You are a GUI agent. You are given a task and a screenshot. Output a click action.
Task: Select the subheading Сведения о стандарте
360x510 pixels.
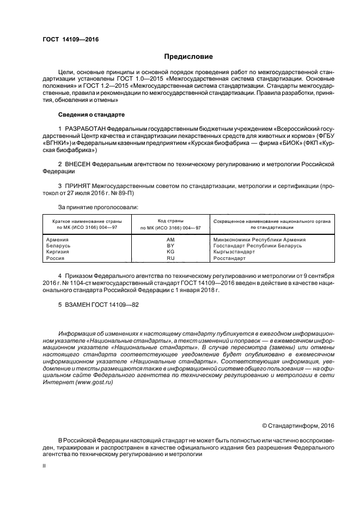(91, 115)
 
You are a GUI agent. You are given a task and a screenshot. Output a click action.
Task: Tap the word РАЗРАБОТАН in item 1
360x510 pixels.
(85, 127)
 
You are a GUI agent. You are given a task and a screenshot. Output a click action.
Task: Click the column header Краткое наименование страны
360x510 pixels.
(87, 222)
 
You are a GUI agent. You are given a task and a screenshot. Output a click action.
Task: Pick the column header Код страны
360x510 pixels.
(170, 222)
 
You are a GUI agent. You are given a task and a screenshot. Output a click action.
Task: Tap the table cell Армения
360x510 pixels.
(57, 239)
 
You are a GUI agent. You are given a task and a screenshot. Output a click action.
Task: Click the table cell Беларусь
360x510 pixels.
(58, 246)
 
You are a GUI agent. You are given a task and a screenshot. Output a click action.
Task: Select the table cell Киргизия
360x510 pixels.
(58, 252)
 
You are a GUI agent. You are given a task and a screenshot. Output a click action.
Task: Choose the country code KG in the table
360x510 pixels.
(170, 252)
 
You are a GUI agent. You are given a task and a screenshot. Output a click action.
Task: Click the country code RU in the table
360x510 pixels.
(170, 259)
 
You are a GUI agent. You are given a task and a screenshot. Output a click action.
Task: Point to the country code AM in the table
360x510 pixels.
(170, 239)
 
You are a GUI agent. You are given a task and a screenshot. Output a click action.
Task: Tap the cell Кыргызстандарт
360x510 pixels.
(234, 252)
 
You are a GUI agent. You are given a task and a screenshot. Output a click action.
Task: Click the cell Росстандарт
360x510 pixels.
(229, 259)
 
